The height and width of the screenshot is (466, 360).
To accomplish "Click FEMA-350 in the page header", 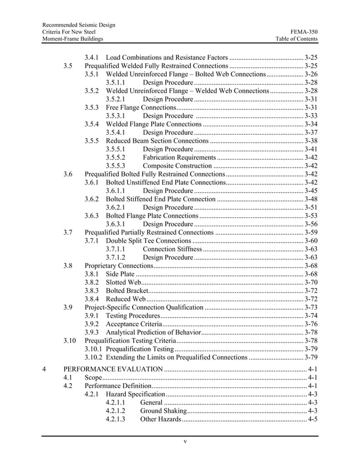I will pos(304,32).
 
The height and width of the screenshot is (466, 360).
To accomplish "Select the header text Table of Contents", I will pos(296,39).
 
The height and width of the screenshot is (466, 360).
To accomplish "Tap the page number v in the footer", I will pos(185,441).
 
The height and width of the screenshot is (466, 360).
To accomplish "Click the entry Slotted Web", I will pos(124,282).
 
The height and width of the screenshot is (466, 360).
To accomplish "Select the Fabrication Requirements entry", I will pos(179,157).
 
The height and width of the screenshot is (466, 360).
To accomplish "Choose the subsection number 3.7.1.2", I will pos(115,257).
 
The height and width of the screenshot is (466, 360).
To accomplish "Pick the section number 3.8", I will pos(68,265).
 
